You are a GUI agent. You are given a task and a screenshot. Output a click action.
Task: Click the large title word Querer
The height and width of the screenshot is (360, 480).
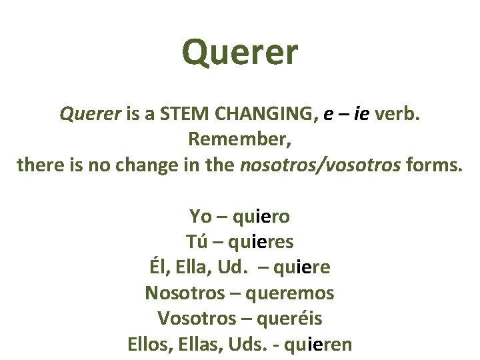click(x=240, y=53)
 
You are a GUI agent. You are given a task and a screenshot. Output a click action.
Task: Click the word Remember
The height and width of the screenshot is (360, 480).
click(x=240, y=140)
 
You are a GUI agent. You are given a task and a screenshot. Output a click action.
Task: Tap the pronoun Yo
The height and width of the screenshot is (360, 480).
click(x=201, y=217)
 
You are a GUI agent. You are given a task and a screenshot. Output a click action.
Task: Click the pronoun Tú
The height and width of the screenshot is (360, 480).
click(x=197, y=242)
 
